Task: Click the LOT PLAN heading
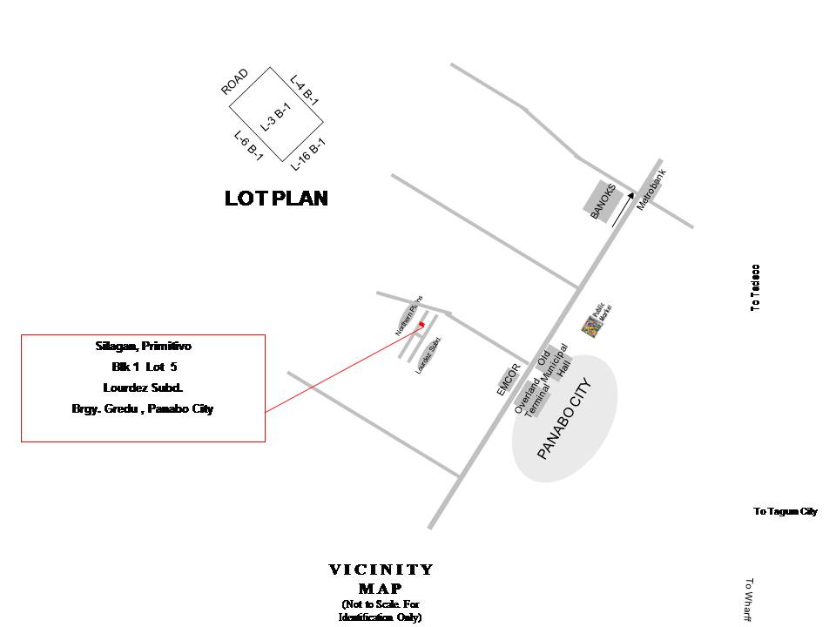tap(276, 199)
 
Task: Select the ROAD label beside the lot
tap(234, 82)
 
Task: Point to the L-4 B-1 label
tap(305, 90)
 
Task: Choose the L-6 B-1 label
tap(249, 145)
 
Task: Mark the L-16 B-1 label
tap(308, 154)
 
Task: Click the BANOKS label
tap(603, 201)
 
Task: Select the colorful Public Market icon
tap(591, 327)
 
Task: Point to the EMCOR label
tap(509, 380)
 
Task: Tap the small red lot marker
tap(421, 324)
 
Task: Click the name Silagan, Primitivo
tap(143, 347)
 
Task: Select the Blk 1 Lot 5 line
tap(143, 367)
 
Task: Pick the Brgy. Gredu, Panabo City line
tap(143, 408)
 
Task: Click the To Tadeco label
tap(756, 287)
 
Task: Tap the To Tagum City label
tap(785, 511)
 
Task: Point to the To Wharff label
tap(748, 600)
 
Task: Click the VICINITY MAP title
tap(381, 578)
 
